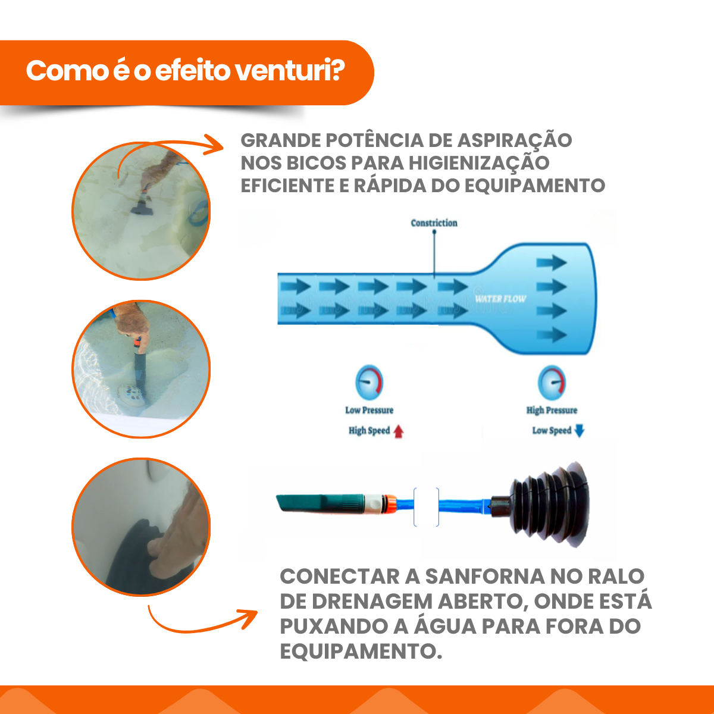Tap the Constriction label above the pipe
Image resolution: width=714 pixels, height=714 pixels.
pyautogui.click(x=434, y=223)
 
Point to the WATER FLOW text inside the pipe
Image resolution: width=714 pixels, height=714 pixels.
pyautogui.click(x=500, y=299)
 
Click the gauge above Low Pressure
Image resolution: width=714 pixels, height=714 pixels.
pyautogui.click(x=369, y=383)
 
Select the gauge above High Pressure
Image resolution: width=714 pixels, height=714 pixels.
pyautogui.click(x=552, y=383)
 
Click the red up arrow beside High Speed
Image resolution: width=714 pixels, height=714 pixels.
pyautogui.click(x=398, y=431)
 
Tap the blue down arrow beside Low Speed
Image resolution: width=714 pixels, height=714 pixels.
pyautogui.click(x=579, y=431)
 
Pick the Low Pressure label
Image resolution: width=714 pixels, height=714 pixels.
pyautogui.click(x=369, y=410)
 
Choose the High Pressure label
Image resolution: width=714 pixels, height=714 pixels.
pyautogui.click(x=552, y=410)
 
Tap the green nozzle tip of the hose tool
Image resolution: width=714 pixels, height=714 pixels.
pyautogui.click(x=319, y=503)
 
